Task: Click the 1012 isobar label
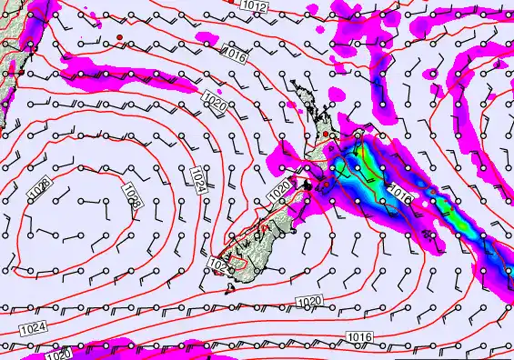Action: (x=255, y=6)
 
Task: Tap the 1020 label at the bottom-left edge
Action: (x=58, y=355)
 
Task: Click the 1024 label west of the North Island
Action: (x=198, y=179)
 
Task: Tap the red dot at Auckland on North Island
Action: (x=327, y=135)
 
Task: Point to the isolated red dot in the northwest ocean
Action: (x=118, y=36)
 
